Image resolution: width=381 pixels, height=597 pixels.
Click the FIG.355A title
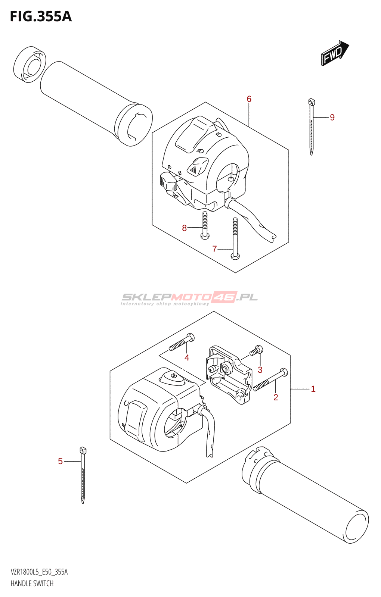(x=41, y=16)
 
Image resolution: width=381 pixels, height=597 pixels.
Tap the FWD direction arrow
(x=334, y=53)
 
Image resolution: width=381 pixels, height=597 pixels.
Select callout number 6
(x=249, y=99)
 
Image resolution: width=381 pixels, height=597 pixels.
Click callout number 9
(x=332, y=118)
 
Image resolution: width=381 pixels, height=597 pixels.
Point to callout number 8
(x=184, y=228)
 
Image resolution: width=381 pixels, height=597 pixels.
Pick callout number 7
(x=214, y=249)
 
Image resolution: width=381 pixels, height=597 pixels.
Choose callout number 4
(x=187, y=357)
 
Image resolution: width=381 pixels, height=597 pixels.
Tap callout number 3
(x=260, y=370)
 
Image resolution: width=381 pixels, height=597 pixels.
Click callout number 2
(x=276, y=397)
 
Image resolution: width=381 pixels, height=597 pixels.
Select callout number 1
(x=313, y=389)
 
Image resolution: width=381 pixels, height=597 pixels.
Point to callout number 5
(x=60, y=462)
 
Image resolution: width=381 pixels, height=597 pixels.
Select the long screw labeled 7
(x=235, y=239)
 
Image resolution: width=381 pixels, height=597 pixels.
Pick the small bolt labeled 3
(x=257, y=350)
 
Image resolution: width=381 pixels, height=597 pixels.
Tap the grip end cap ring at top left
(x=30, y=65)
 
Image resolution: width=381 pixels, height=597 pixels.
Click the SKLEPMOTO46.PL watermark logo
(x=189, y=298)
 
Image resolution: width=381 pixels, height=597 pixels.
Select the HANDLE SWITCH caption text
(x=32, y=584)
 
